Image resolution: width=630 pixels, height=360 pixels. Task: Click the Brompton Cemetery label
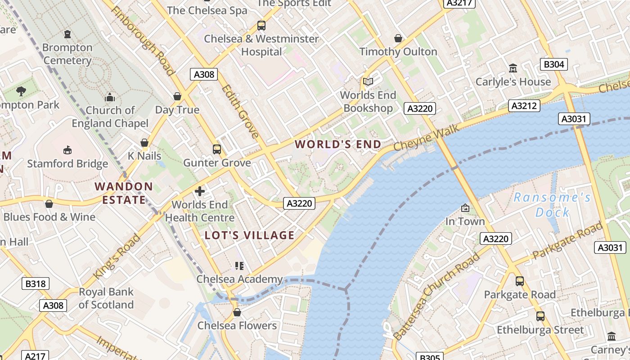[x=67, y=54]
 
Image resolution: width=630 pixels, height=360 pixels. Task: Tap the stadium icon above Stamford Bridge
[x=67, y=150]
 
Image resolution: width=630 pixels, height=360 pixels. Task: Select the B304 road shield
[x=553, y=64]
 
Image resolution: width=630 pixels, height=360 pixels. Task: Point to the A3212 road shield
[x=524, y=106]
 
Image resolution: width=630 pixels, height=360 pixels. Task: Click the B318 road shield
[x=36, y=283]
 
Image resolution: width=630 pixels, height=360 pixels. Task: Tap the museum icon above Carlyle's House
[x=513, y=68]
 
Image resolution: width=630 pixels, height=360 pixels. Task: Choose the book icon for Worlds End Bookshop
[x=368, y=81]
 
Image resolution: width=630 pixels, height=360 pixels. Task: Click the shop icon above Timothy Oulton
[x=398, y=38]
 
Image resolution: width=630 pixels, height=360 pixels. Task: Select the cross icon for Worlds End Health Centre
[x=200, y=191]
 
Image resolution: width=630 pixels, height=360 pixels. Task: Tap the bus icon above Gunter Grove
[x=217, y=149]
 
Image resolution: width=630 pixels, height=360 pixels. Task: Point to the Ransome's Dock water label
[x=553, y=205]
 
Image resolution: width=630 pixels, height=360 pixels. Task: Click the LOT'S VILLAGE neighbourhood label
[x=250, y=235]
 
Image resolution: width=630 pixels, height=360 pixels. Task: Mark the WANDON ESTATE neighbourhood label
[x=124, y=193]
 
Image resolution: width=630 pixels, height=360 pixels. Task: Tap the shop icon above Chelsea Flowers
[x=237, y=312]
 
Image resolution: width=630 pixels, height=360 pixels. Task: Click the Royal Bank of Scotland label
[x=106, y=298]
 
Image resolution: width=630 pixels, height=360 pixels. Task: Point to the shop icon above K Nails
[x=144, y=143]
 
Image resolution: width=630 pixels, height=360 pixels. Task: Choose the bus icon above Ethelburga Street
[x=540, y=316]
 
